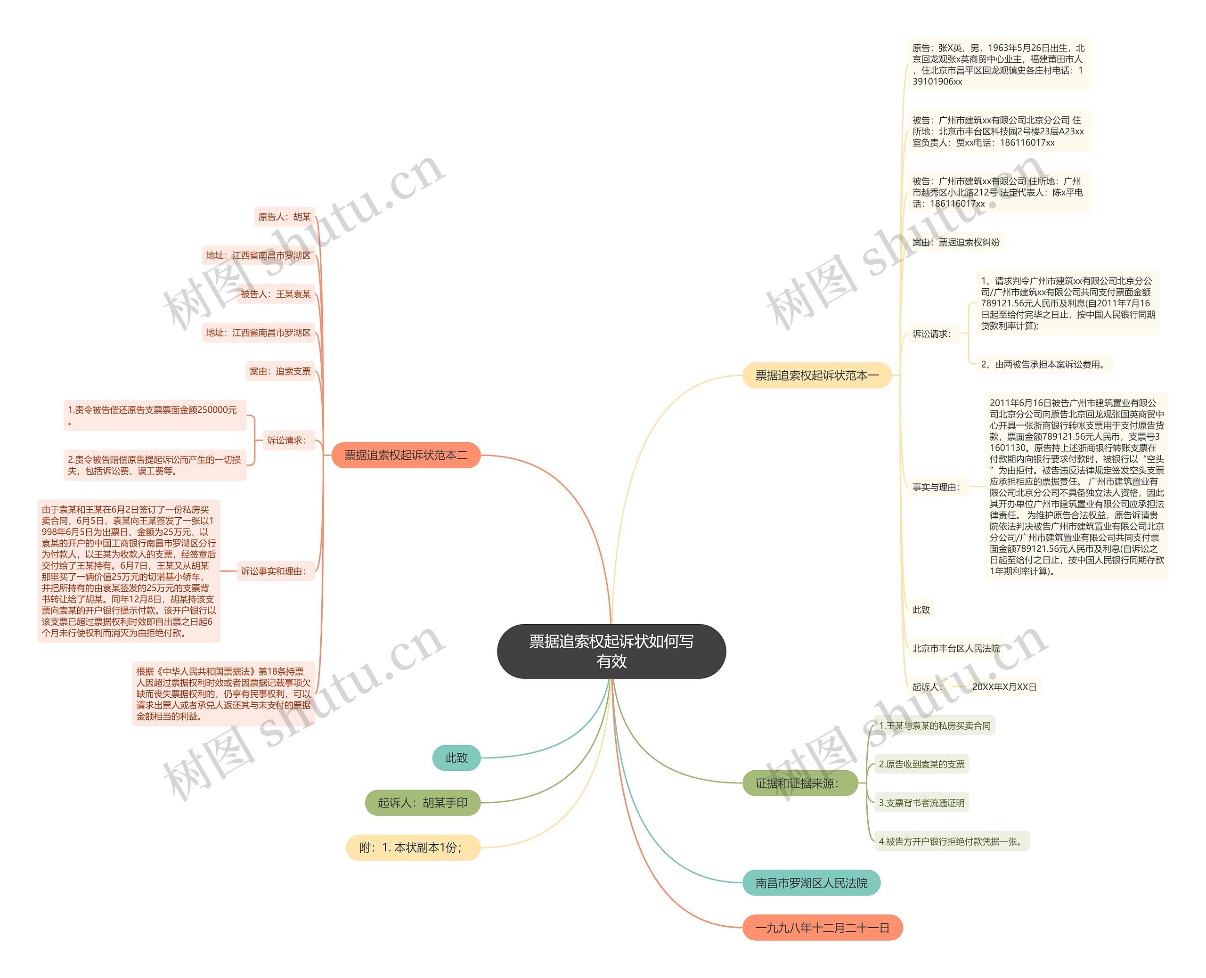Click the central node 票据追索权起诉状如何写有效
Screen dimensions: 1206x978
(611, 651)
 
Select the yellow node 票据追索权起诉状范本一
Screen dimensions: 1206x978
(817, 375)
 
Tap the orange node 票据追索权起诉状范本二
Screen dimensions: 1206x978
(406, 455)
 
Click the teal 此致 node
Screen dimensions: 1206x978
(456, 758)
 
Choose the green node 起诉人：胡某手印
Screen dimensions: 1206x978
(423, 803)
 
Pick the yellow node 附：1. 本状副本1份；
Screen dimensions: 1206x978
(413, 848)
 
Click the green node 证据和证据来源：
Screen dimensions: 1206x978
(800, 783)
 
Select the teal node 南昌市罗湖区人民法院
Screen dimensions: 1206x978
(811, 883)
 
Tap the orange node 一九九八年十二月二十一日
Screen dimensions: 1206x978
(823, 928)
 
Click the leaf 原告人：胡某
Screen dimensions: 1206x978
(285, 217)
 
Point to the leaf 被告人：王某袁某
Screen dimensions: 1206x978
(276, 294)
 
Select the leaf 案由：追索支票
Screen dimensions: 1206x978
(280, 371)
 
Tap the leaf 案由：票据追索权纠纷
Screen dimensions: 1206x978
(956, 242)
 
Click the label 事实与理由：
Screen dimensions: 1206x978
(937, 487)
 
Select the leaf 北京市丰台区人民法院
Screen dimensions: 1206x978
(956, 648)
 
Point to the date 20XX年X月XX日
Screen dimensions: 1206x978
(1004, 687)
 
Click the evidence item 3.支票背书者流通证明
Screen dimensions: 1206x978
(921, 803)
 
